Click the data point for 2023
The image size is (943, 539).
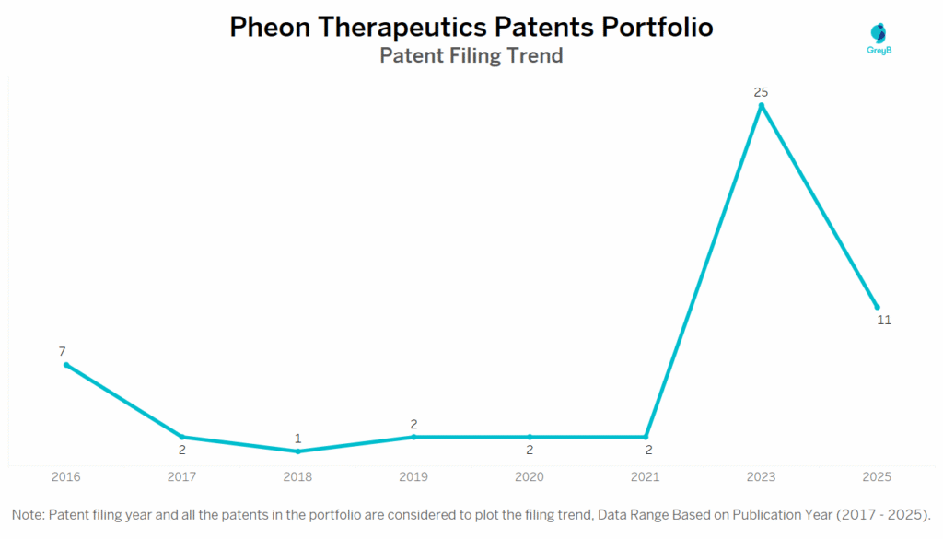coord(761,106)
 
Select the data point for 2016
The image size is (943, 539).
coord(66,365)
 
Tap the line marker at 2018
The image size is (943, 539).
coord(297,451)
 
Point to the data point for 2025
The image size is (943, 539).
coord(877,307)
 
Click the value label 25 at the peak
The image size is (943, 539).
coord(761,92)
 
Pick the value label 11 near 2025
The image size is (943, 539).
coord(884,321)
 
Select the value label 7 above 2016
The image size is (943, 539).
coord(63,351)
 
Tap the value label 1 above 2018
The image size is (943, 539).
coord(297,439)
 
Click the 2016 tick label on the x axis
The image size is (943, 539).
coord(66,477)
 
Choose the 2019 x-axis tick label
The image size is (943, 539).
coord(413,477)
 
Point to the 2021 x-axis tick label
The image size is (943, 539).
coord(646,477)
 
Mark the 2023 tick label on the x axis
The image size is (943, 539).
coord(761,477)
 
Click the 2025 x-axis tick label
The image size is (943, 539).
coord(877,477)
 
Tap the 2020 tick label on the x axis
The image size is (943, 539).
coord(530,477)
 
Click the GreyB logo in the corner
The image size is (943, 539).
coord(880,40)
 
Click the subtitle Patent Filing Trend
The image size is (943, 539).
coord(471,55)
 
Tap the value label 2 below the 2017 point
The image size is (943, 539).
coord(182,451)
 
